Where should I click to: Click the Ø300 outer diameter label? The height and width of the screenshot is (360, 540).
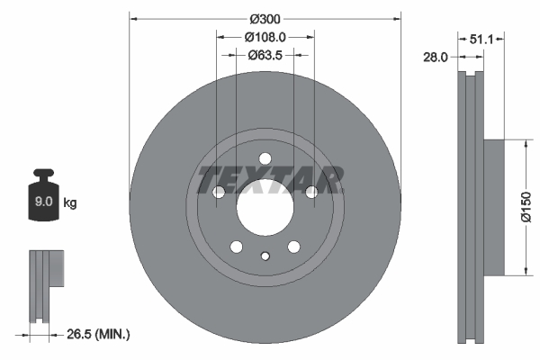(x=265, y=19)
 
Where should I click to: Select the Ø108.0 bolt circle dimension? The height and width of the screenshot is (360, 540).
(x=265, y=38)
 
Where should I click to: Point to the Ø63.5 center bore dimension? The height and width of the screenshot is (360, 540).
(x=265, y=56)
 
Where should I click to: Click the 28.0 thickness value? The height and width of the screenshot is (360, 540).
(x=436, y=57)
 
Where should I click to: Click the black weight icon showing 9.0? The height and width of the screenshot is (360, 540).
(x=44, y=200)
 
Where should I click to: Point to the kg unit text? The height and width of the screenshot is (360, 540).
(x=70, y=203)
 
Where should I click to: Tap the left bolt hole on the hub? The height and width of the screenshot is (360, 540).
(x=218, y=192)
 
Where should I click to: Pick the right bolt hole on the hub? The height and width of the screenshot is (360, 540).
(x=311, y=192)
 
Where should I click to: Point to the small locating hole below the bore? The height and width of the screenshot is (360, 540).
(x=265, y=256)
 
